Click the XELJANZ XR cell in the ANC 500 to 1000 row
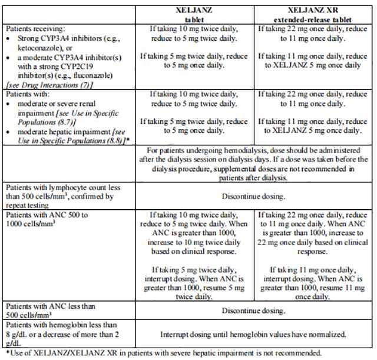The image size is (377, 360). point(315,255)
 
